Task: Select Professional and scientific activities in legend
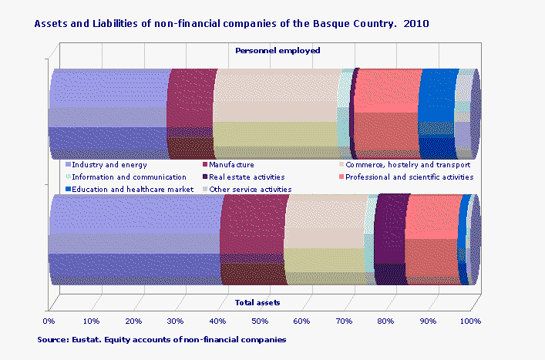[x=409, y=177]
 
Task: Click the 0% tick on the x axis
[x=49, y=321]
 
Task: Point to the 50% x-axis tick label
[x=259, y=321]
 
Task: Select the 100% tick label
[x=469, y=321]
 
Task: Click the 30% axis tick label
[x=175, y=321]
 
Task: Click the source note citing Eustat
[x=162, y=339]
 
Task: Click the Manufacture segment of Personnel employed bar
[x=191, y=112]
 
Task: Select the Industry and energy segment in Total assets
[x=135, y=239]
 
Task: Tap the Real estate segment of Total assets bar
[x=390, y=239]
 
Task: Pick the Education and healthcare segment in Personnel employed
[x=437, y=112]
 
